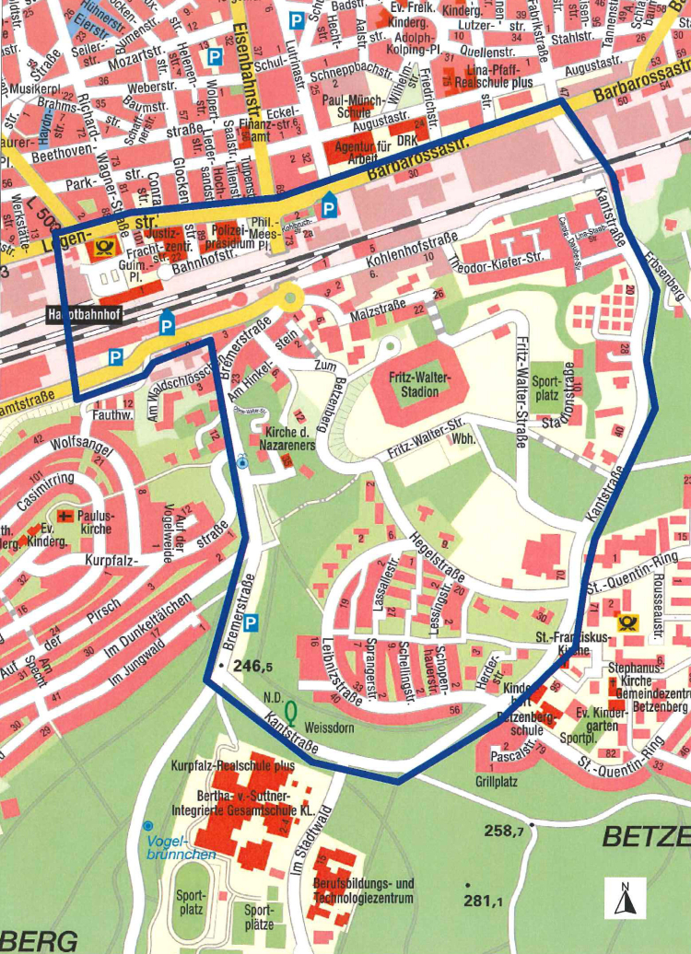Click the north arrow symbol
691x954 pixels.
click(625, 898)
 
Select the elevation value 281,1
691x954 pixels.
click(482, 901)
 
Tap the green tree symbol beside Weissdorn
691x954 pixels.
click(290, 711)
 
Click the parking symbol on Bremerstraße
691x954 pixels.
click(252, 622)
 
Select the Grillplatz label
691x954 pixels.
click(497, 782)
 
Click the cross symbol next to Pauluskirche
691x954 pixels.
click(64, 516)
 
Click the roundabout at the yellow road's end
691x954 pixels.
click(291, 297)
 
